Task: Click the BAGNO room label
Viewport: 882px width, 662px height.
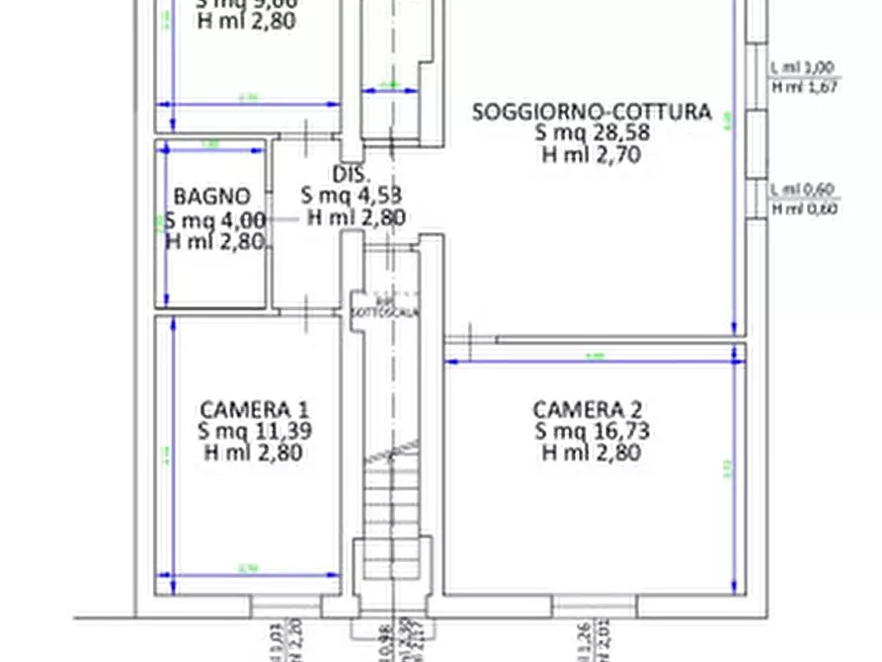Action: point(211,196)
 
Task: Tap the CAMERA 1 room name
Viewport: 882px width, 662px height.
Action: point(254,409)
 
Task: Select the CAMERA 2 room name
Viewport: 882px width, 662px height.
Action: point(592,409)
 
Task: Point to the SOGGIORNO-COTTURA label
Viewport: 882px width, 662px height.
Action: point(592,112)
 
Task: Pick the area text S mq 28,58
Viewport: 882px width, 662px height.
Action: point(592,133)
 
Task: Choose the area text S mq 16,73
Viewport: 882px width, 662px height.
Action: point(592,431)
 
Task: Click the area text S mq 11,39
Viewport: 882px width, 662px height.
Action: point(254,431)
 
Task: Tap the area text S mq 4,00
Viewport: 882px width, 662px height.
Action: point(215,219)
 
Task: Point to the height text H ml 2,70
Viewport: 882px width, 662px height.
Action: point(592,154)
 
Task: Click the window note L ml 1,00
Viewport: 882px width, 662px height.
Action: point(803,67)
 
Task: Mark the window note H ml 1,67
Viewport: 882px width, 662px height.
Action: point(804,87)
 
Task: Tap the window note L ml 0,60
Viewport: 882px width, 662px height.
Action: point(804,189)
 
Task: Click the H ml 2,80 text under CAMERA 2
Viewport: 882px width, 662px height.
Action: point(592,453)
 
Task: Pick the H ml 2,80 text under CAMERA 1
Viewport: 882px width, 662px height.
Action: point(254,453)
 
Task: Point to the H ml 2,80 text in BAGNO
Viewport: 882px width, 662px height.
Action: point(215,241)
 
